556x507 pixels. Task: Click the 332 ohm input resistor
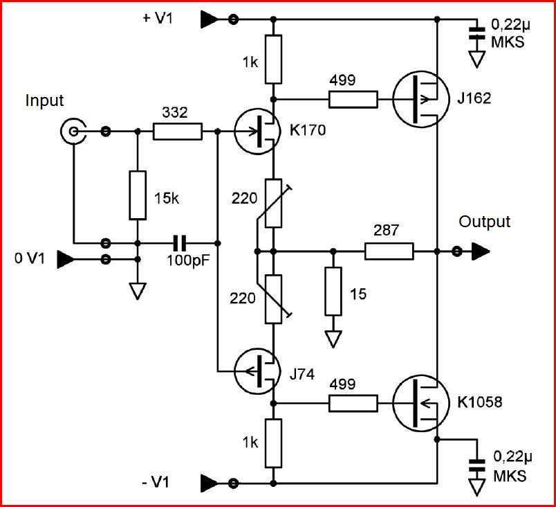[x=177, y=130]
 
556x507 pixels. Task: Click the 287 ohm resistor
[x=389, y=251]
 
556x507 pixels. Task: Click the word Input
[x=44, y=100]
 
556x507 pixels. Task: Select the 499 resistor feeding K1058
[x=353, y=402]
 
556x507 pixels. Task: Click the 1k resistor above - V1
[x=275, y=442]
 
